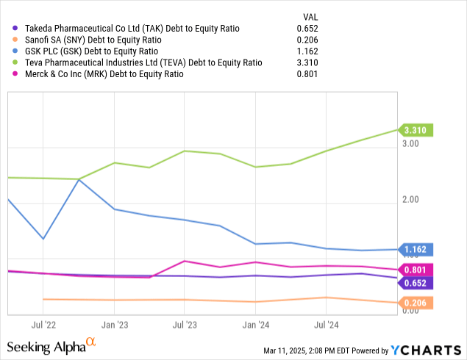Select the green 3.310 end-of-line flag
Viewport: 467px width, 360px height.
415,130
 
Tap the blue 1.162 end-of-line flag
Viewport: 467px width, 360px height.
415,249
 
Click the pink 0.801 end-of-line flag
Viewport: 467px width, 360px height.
415,269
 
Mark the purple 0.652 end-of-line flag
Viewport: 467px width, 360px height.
415,283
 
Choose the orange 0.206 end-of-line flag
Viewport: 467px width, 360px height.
415,302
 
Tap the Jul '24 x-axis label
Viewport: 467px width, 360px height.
326,323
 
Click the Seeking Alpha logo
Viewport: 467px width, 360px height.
51,345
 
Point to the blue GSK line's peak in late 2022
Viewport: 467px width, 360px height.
79,179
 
